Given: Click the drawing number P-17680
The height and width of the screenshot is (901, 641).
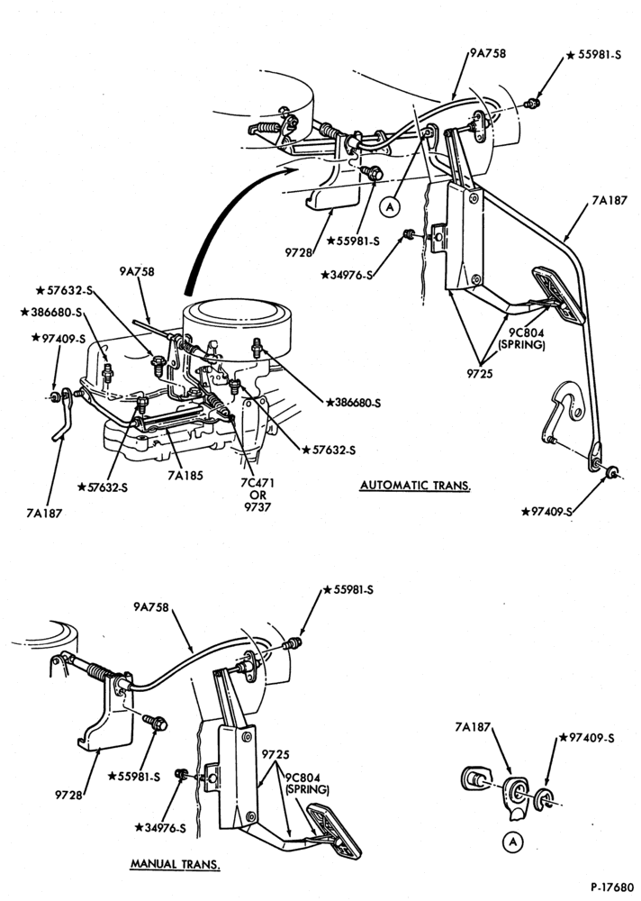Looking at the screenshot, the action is [610, 887].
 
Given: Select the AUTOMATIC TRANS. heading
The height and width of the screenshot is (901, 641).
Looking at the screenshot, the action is [415, 486].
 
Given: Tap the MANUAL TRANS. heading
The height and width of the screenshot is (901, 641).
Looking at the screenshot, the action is [176, 864].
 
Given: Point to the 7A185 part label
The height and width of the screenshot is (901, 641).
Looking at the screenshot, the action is [185, 475].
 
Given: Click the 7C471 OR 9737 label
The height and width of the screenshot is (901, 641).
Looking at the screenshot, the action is [257, 495].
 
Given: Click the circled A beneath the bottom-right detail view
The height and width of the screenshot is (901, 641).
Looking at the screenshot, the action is [513, 842].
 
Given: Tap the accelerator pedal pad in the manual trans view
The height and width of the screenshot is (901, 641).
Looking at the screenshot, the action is [334, 832].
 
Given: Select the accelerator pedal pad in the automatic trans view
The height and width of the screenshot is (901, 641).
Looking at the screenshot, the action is [558, 295].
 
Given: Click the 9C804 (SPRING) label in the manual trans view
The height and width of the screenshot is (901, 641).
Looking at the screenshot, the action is [307, 784].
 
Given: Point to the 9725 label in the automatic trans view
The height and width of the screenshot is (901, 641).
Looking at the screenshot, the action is [480, 373].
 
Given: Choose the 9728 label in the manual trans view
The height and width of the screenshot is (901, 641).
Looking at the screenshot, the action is [68, 796].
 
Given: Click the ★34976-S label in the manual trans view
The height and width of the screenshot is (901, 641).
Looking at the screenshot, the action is [160, 828].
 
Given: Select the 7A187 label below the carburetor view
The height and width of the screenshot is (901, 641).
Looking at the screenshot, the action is [43, 514].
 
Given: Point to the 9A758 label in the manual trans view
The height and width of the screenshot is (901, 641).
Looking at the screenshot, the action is [151, 606].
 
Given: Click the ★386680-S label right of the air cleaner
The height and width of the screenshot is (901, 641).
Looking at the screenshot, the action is [353, 403].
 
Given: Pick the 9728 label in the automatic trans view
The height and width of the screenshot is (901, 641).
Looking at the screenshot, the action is [298, 252].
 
